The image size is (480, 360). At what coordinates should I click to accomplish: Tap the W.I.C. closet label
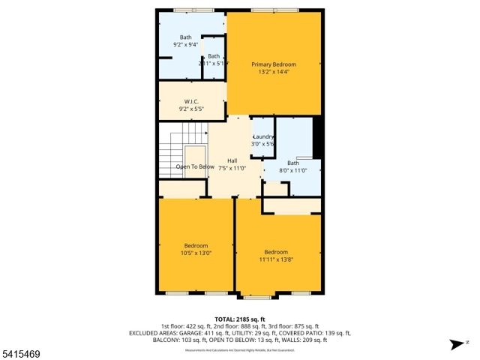coord(191,101)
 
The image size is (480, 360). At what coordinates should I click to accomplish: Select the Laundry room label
coord(262,136)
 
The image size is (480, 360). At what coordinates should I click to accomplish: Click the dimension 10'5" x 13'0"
coord(196,253)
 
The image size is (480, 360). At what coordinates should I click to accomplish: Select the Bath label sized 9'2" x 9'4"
coord(185,37)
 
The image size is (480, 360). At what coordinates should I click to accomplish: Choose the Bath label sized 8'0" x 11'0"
coord(292,163)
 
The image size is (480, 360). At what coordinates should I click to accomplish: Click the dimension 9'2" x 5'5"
coord(191,109)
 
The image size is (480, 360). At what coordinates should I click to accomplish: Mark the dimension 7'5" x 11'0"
coord(232,169)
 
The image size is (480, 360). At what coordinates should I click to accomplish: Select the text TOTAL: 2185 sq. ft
coord(241,319)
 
